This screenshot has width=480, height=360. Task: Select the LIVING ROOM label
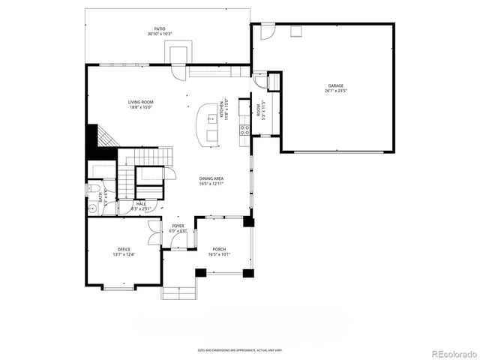[x=140, y=105]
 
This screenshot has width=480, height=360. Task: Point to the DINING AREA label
[x=211, y=181]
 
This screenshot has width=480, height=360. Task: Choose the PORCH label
[x=219, y=251]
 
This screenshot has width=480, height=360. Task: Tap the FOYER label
[x=178, y=228]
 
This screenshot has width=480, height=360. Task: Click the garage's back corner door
[x=266, y=32]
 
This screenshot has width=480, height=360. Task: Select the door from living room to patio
[x=178, y=72]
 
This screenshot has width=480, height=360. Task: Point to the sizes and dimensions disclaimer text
[x=239, y=349]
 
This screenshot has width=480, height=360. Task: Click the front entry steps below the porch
[x=180, y=293]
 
